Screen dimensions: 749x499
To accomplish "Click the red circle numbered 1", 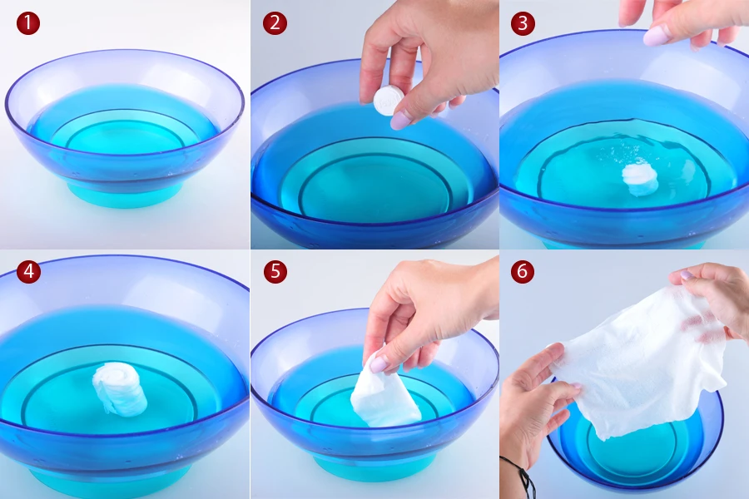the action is pos(28,23).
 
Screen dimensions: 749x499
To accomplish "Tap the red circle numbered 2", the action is pos(275,23).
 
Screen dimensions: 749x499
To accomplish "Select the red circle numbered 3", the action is pos(523,23).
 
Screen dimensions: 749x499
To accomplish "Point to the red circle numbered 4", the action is pos(28,272).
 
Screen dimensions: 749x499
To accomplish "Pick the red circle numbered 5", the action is pos(275,272).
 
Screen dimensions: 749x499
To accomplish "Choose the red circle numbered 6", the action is pos(523,272).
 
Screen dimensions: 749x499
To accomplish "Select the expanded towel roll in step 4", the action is pos(120,388).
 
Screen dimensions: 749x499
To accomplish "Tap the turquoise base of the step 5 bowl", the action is pos(374,466).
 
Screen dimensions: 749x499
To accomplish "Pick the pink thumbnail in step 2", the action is pos(400,120).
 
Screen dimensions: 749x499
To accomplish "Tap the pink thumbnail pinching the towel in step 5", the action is pos(379,364).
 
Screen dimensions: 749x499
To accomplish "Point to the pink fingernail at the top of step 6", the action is pos(686,275).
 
